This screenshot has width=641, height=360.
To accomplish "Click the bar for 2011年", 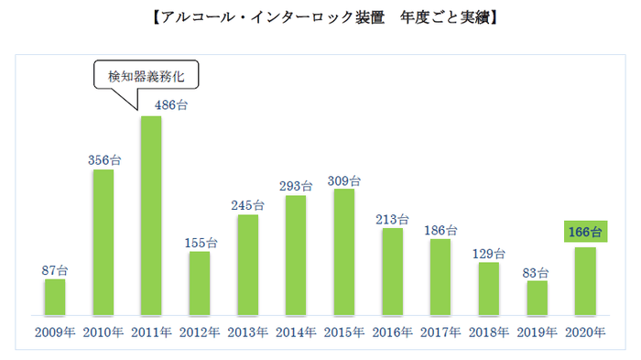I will pos(150,216).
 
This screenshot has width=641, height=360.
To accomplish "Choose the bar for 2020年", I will pos(586,281).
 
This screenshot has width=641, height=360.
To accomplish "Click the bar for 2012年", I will pos(199,284).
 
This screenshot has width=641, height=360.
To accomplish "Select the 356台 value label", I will pos(103,159).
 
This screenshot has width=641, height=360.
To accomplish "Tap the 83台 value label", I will pos(538,272).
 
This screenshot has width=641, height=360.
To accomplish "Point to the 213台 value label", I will pos(393,219).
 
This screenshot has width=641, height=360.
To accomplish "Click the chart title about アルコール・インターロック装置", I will pos(320,17).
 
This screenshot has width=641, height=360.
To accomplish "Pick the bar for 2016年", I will pos(392,272).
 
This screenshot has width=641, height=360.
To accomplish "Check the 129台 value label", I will pos(489,253).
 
